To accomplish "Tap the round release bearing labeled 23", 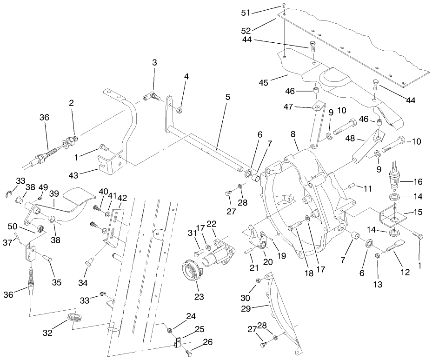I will point(191,269).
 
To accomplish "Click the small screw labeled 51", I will point(284,6).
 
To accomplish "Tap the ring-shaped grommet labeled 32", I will point(72,319).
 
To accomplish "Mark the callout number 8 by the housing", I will point(293,133).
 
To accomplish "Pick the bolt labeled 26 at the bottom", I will point(189,354).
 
